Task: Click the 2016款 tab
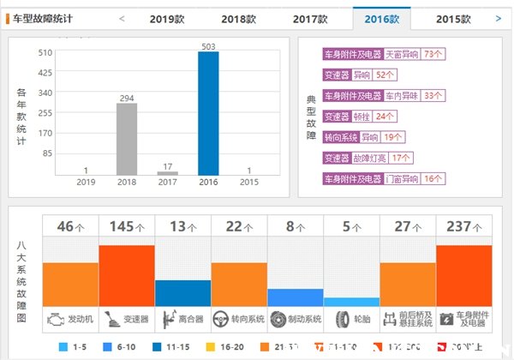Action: [x=381, y=18]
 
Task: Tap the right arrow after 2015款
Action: [x=499, y=18]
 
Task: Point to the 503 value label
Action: [x=208, y=46]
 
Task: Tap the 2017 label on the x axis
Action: [x=167, y=182]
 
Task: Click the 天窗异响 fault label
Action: [x=402, y=54]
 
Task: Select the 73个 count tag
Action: [x=433, y=54]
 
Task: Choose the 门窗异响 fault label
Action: [x=402, y=179]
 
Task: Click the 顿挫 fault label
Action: [x=361, y=117]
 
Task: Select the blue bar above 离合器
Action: [x=182, y=293]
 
